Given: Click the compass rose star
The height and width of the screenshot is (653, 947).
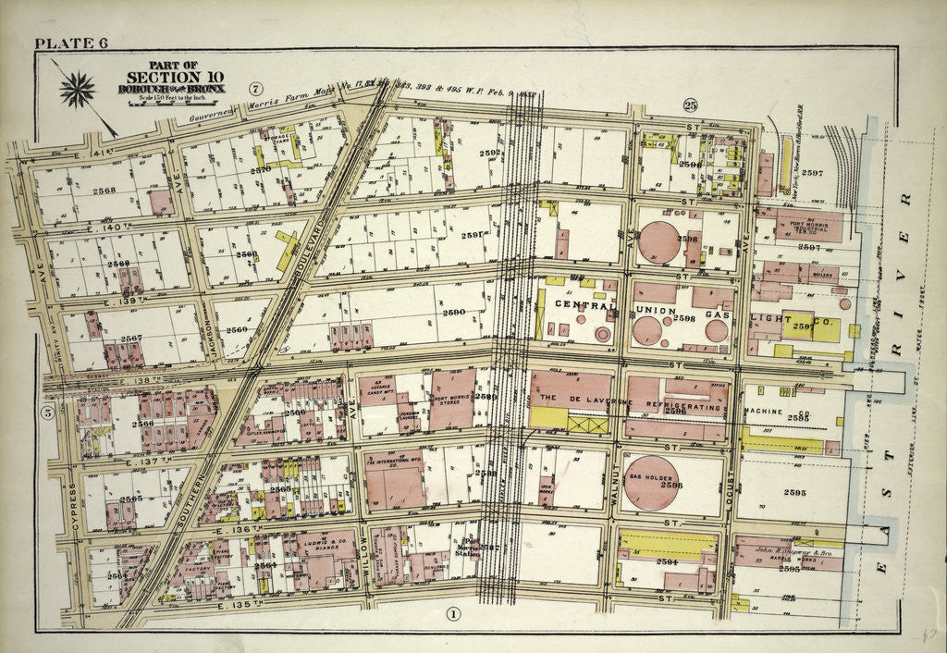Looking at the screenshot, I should (x=78, y=91).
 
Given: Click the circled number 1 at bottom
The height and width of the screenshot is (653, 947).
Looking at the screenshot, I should (x=453, y=613).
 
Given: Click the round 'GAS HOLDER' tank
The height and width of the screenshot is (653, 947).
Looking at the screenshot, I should (x=651, y=483).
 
